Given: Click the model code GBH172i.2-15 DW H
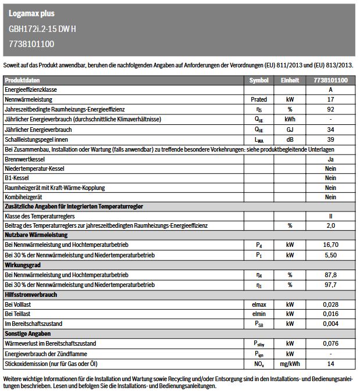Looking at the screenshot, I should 42,28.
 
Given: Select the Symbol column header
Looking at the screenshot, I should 259,80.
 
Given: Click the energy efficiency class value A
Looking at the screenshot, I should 330,90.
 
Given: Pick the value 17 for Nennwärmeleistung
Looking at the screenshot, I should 330,99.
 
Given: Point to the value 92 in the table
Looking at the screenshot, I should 330,109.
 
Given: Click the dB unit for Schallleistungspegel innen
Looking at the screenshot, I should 290,139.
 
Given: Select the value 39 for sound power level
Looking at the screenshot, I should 330,139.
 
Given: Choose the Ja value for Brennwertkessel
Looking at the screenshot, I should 330,158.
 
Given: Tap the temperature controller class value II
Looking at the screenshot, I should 330,216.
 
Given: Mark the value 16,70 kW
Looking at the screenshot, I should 330,245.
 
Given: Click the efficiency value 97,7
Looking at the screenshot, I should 330,285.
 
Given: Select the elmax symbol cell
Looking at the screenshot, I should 259,304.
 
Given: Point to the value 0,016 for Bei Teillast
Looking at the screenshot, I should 330,314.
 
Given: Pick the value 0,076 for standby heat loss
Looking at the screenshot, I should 330,344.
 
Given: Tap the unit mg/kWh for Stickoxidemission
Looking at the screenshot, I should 290,363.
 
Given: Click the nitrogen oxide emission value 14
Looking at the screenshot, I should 330,363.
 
